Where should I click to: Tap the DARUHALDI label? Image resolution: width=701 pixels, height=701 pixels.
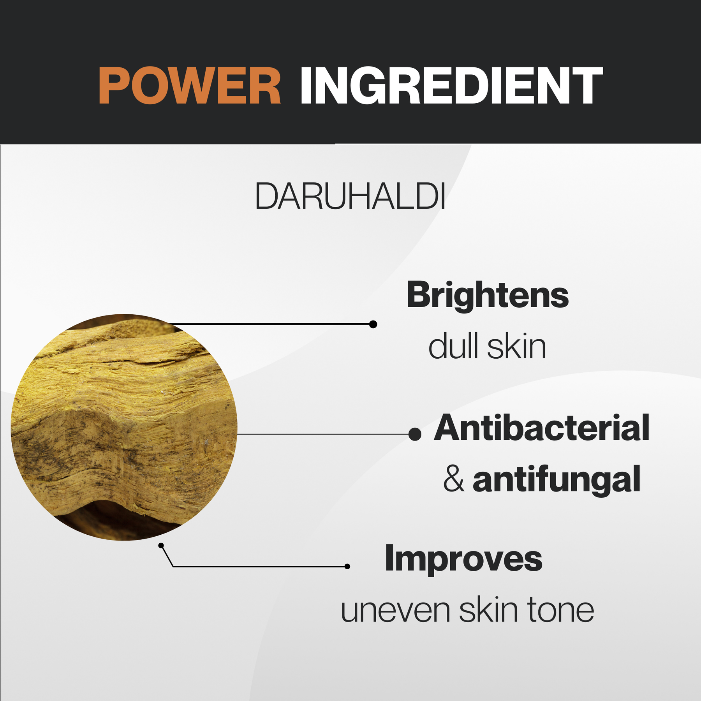click(x=350, y=196)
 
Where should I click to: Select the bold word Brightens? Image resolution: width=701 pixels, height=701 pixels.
click(x=487, y=295)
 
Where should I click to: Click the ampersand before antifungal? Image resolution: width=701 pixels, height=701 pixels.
click(x=454, y=479)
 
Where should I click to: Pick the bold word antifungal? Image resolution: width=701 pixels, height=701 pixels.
click(x=557, y=480)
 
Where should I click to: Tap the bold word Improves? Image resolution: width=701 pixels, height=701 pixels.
click(x=463, y=558)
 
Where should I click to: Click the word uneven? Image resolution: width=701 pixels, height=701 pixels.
click(x=395, y=611)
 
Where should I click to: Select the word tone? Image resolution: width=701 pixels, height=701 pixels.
click(x=561, y=609)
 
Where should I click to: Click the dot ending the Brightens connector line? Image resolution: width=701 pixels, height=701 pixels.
click(x=373, y=324)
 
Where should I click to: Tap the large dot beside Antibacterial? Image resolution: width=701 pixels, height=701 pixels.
click(x=415, y=434)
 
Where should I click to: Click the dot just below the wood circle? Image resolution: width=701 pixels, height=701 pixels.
click(x=161, y=546)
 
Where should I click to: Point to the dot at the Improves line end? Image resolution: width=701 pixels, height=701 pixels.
click(x=347, y=567)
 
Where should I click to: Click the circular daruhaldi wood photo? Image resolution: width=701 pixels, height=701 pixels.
click(x=124, y=427)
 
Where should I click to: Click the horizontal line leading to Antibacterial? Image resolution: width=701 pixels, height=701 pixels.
click(x=323, y=434)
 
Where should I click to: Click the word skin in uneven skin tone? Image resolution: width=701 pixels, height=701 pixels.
click(x=488, y=609)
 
